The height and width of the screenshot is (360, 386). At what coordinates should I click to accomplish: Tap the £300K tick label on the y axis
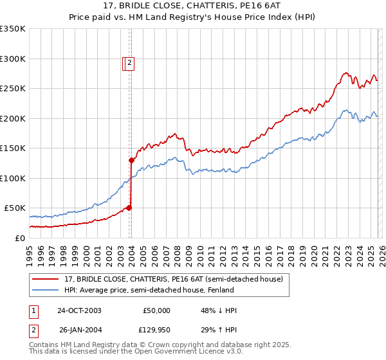point(13,59)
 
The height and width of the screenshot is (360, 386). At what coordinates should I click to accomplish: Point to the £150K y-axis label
point(13,148)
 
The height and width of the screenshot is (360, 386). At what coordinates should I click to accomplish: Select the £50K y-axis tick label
point(15,208)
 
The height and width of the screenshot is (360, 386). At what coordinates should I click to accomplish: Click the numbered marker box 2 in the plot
point(129,63)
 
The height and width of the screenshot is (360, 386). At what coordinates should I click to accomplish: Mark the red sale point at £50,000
point(129,208)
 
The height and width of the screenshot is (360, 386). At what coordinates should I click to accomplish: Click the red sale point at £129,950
point(131,160)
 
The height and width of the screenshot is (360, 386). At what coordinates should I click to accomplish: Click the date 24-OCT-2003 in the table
point(79,310)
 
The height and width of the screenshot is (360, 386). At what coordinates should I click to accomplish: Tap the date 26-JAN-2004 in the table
point(79,330)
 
